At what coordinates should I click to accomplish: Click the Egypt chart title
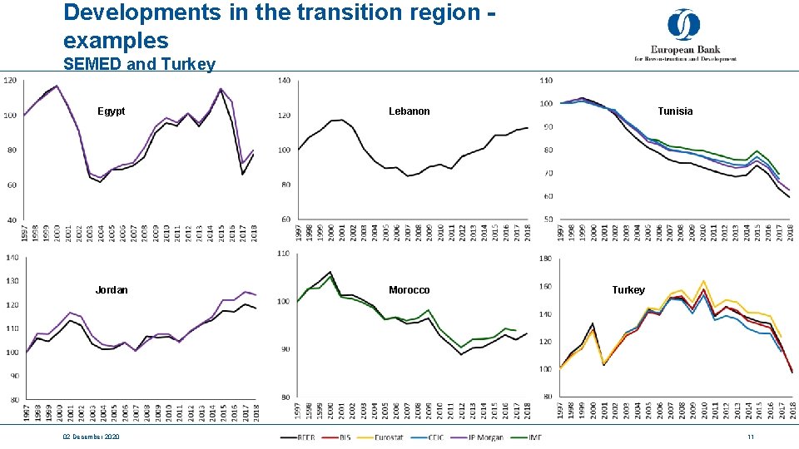tap(111, 111)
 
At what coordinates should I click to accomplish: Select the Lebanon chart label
tap(409, 111)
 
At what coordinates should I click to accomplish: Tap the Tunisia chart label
tap(674, 111)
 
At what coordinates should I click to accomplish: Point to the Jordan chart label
tap(112, 290)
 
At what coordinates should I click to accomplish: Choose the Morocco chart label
tap(409, 290)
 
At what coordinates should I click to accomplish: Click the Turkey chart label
tap(628, 290)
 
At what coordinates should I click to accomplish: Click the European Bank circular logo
tap(683, 25)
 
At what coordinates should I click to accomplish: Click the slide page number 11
tap(750, 437)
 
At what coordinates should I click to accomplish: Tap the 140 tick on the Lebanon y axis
tap(284, 81)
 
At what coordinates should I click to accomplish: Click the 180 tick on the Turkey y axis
tap(546, 259)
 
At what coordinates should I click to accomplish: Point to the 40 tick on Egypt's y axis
tap(11, 220)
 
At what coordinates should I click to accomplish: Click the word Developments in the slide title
tap(130, 12)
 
